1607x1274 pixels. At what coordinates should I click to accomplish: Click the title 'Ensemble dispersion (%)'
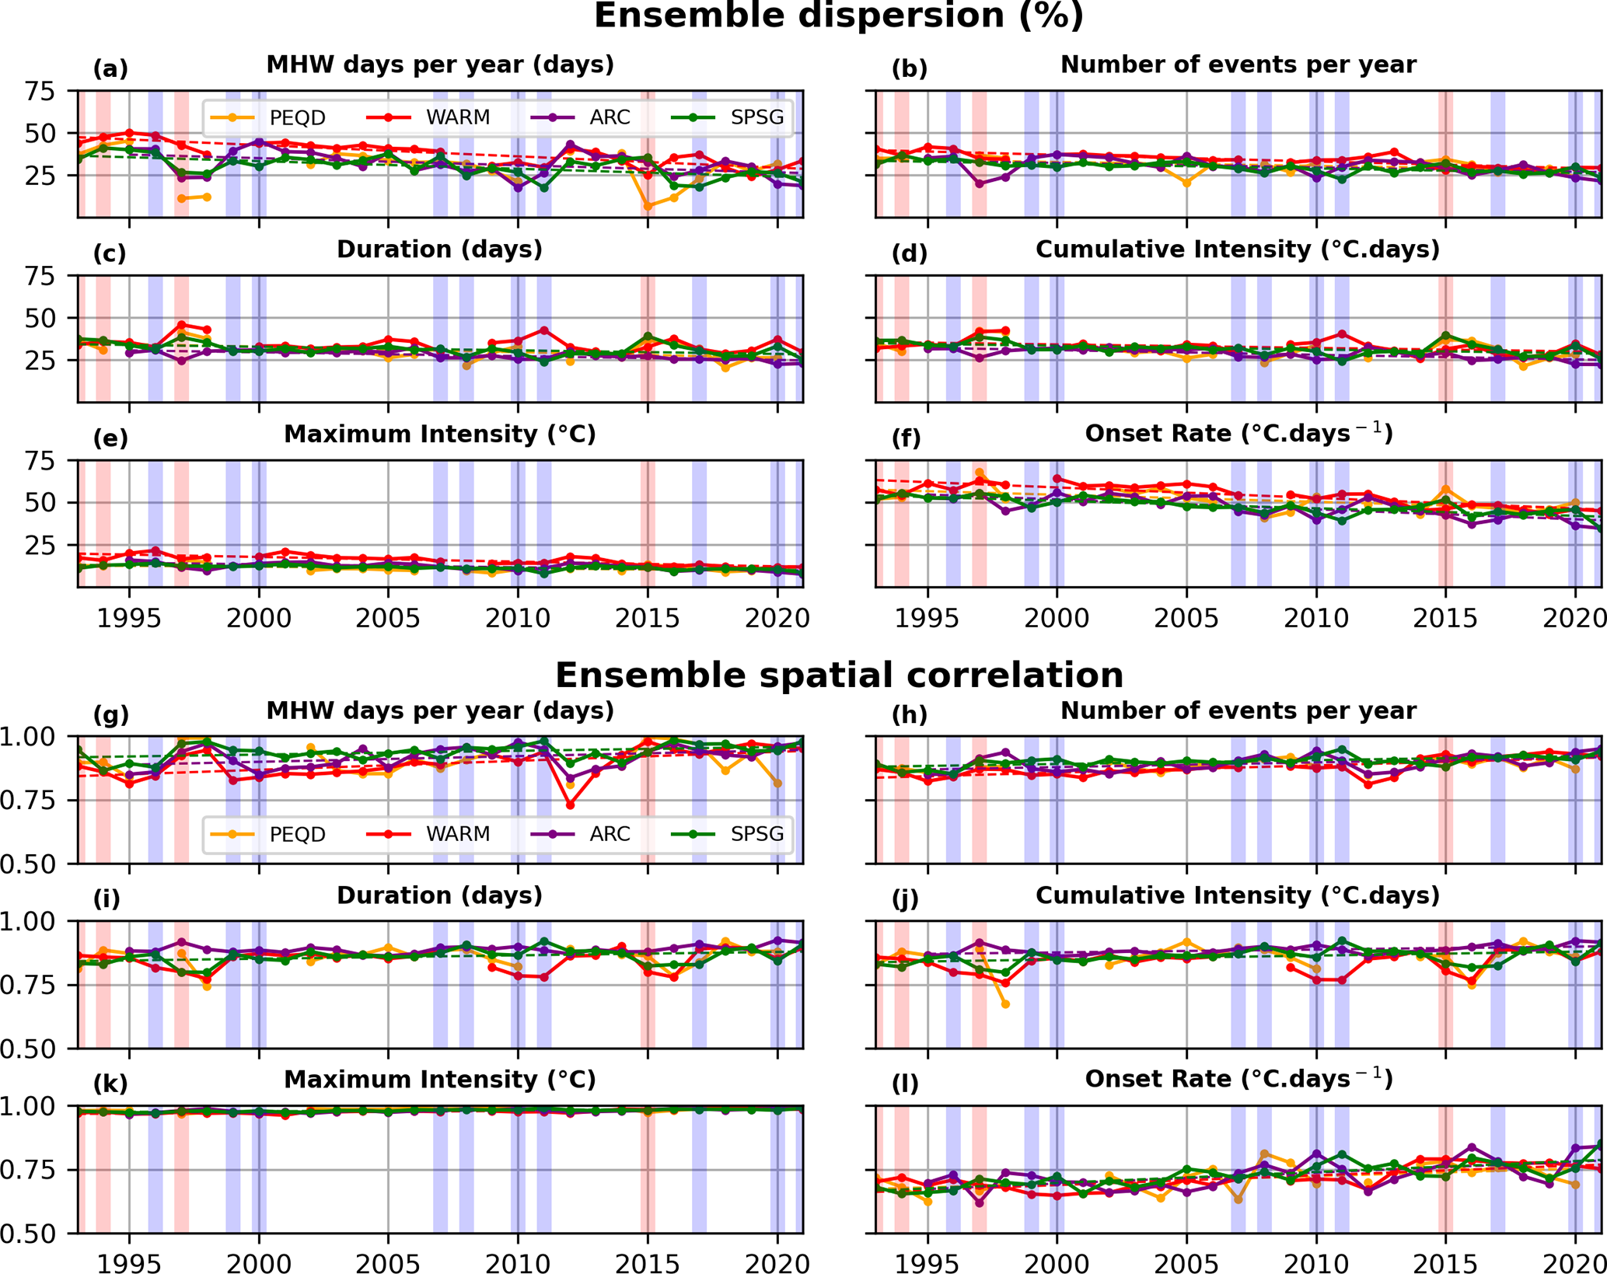pyautogui.click(x=838, y=16)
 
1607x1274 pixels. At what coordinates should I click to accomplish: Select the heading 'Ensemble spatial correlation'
pyautogui.click(x=838, y=675)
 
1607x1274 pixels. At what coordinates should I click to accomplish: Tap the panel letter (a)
pyautogui.click(x=110, y=69)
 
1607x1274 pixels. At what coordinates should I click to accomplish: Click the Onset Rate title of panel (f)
pyautogui.click(x=1238, y=434)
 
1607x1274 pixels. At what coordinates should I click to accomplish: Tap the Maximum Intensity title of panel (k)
pyautogui.click(x=439, y=1080)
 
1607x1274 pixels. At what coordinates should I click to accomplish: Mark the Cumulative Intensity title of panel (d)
pyautogui.click(x=1238, y=250)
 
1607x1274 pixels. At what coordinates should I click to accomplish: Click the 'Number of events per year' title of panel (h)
pyautogui.click(x=1238, y=710)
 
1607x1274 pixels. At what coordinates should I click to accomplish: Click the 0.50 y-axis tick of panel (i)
pyautogui.click(x=29, y=1049)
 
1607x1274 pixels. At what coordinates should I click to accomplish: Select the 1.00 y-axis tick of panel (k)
pyautogui.click(x=29, y=1105)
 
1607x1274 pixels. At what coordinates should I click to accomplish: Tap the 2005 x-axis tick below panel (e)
pyautogui.click(x=389, y=619)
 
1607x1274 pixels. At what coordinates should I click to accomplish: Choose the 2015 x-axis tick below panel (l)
pyautogui.click(x=1445, y=1263)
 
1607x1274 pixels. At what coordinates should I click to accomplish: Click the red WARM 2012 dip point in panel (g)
pyautogui.click(x=571, y=805)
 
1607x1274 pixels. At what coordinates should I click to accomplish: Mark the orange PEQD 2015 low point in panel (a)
pyautogui.click(x=648, y=206)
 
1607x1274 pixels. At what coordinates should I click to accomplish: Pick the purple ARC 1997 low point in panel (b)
pyautogui.click(x=980, y=184)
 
